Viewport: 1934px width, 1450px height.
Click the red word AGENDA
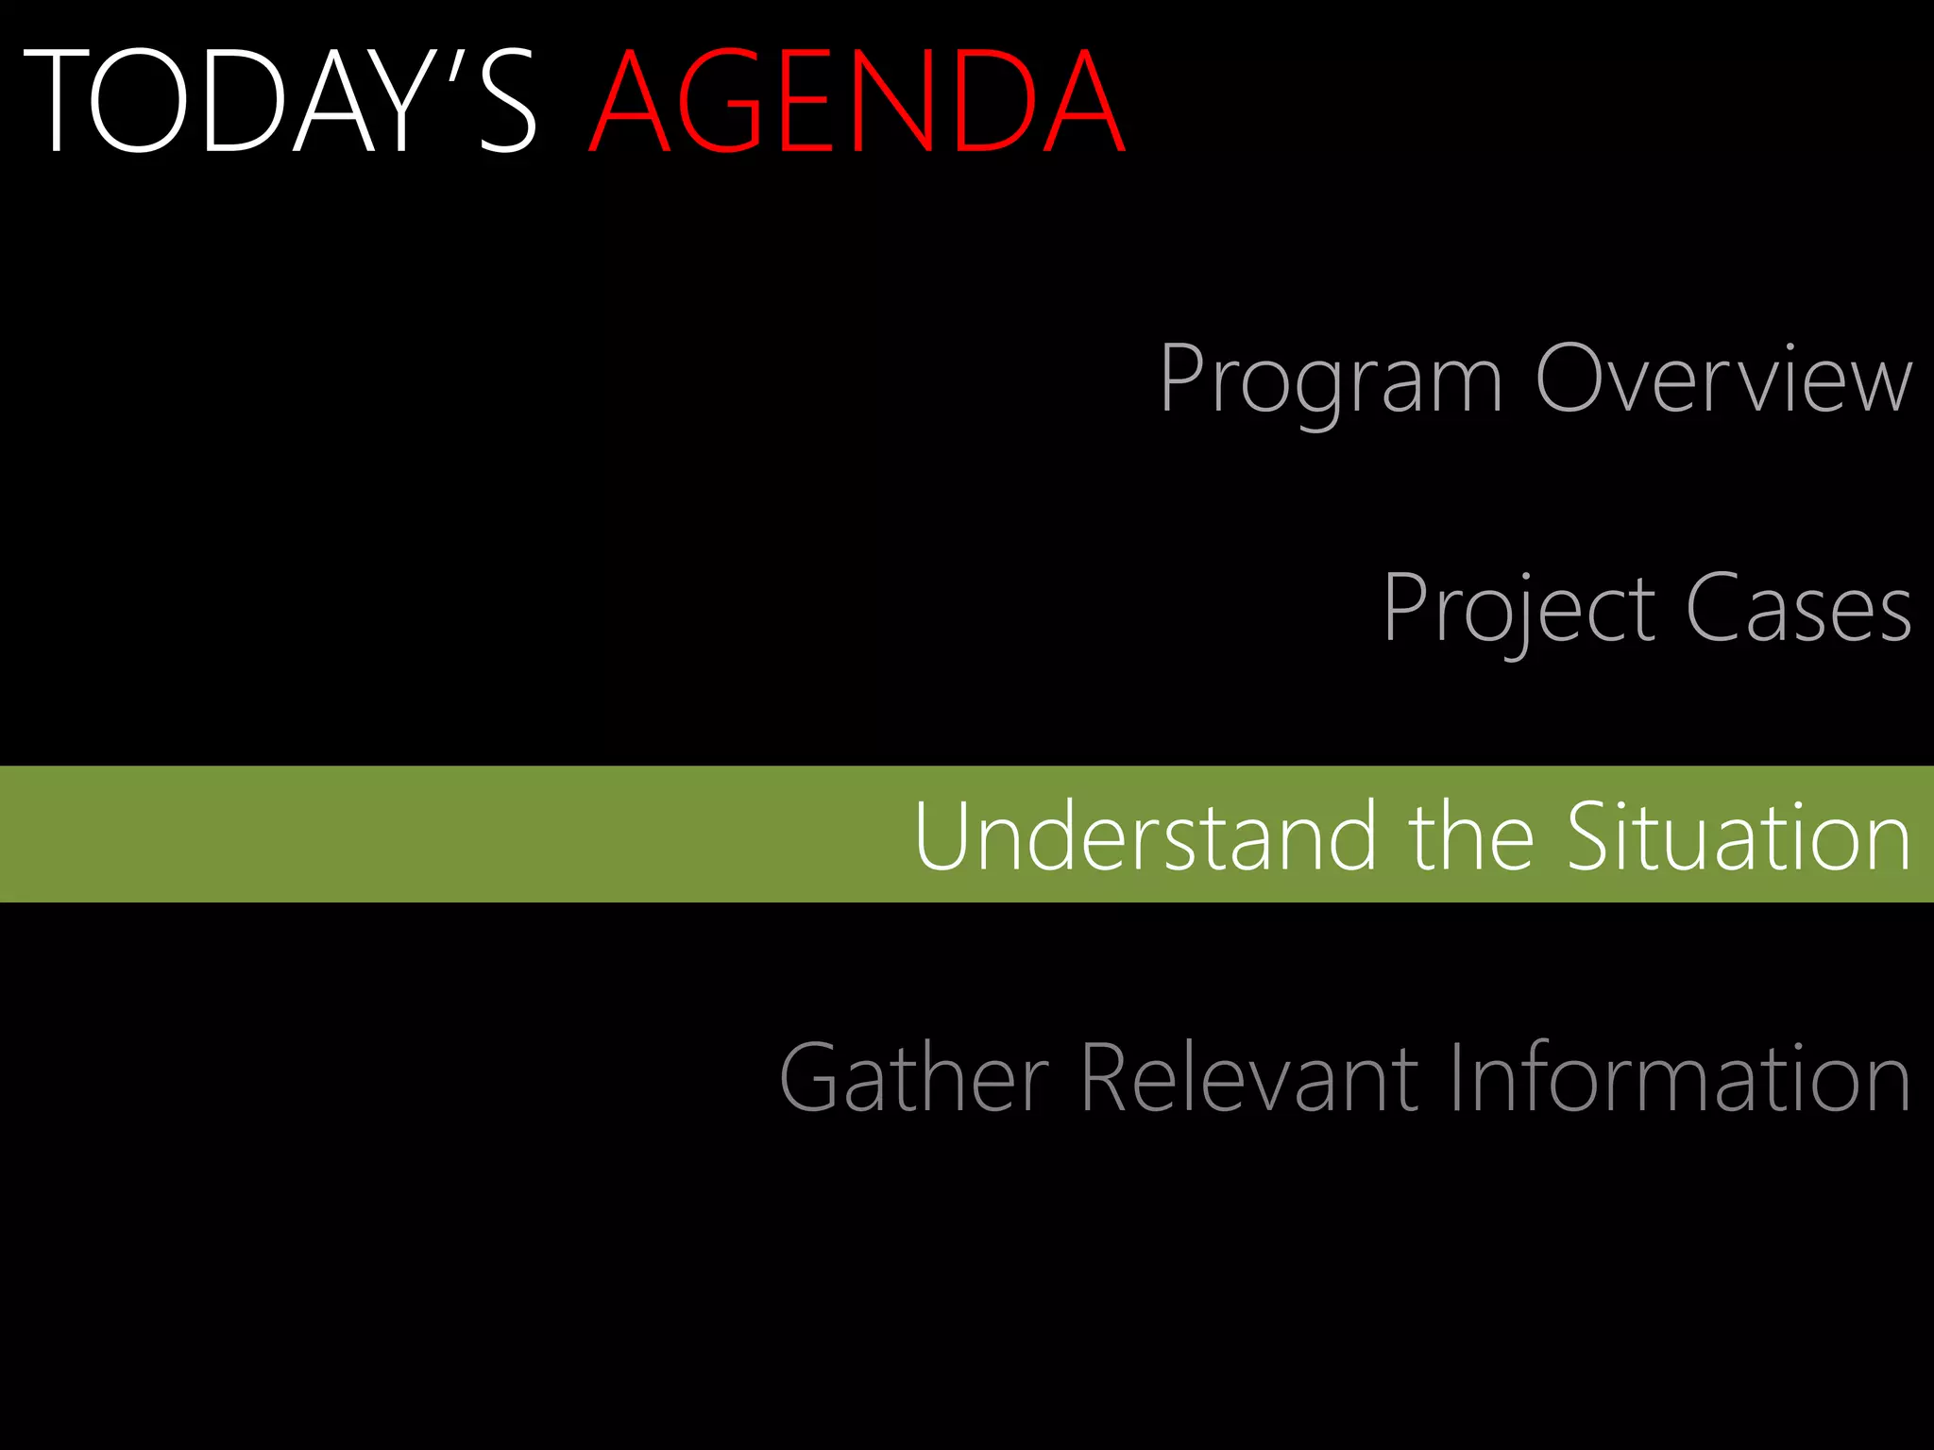pos(857,102)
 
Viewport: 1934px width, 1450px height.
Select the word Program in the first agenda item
pos(1330,379)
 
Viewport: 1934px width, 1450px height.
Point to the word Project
pos(1518,609)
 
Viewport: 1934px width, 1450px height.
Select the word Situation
pos(1739,836)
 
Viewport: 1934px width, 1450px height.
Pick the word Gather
pos(914,1078)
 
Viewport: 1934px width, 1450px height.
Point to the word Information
pos(1680,1078)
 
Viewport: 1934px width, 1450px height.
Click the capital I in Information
pos(1455,1078)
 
